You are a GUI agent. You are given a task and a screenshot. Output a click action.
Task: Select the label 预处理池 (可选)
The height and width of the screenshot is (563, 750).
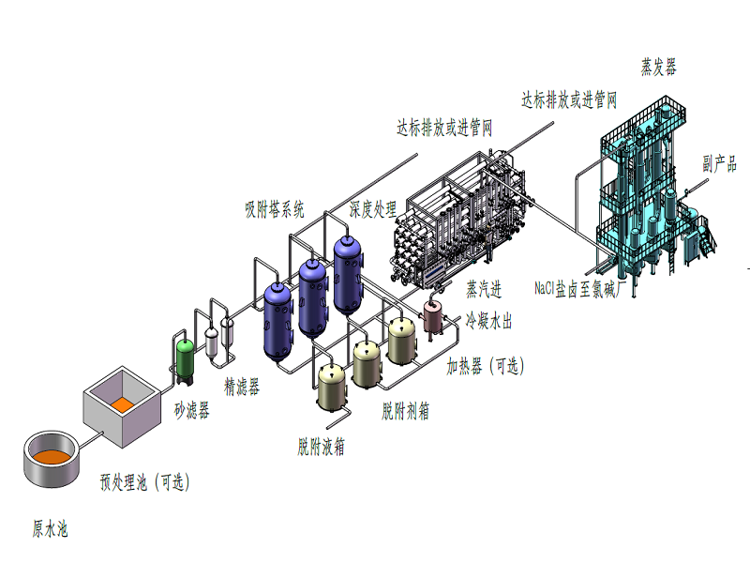point(145,483)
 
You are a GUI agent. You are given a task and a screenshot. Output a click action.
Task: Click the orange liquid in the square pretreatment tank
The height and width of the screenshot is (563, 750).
point(122,404)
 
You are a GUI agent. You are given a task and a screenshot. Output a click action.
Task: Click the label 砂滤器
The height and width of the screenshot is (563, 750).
point(191,411)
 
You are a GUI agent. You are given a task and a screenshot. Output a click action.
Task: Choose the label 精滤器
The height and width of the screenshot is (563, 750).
point(241,386)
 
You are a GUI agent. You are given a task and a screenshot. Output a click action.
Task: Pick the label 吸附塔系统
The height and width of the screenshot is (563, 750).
point(275,209)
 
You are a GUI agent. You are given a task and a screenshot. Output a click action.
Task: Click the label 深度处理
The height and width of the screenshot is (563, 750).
point(372,208)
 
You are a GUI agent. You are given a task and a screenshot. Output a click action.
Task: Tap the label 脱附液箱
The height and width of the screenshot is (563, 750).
point(321,447)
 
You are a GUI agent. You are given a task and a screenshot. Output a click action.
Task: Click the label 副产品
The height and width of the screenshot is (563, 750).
point(719,162)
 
